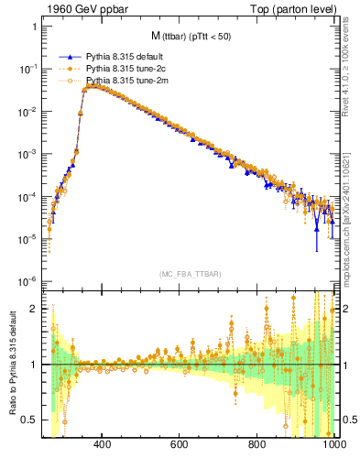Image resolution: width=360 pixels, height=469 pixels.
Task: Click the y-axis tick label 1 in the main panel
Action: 36,27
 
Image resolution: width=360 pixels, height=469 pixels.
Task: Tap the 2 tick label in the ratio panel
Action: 36,309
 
